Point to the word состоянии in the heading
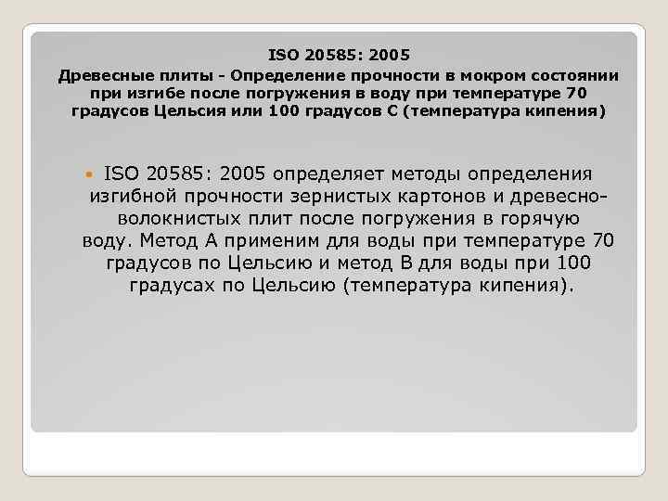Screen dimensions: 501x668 [575, 75]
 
